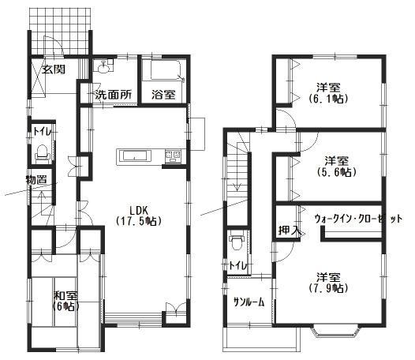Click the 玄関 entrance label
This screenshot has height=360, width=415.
[x=54, y=69]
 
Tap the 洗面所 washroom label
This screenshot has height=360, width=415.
[x=113, y=95]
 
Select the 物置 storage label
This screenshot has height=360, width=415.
[x=36, y=180]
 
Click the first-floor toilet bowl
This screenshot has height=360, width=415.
[x=45, y=149]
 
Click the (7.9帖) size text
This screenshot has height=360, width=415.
[x=329, y=288]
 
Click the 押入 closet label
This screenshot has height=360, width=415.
[x=289, y=230]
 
